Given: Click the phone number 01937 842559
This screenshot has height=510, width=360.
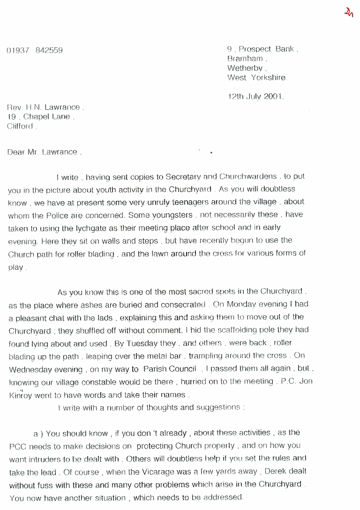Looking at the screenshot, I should (x=35, y=51).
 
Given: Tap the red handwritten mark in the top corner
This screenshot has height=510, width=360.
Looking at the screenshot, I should (x=347, y=13).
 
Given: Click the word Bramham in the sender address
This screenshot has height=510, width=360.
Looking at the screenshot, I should (x=245, y=59).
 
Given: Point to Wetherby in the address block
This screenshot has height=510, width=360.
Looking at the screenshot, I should (x=245, y=68).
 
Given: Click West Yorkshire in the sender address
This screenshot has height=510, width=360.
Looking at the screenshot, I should (x=256, y=78).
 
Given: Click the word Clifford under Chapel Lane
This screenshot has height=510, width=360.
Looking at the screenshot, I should (x=21, y=126).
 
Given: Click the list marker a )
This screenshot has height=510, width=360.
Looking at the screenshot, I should (x=38, y=433).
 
